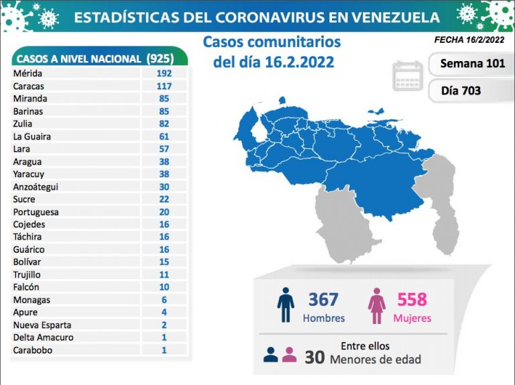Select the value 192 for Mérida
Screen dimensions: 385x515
(x=164, y=73)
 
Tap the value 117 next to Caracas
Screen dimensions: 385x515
(x=164, y=86)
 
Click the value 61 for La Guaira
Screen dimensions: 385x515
(x=164, y=136)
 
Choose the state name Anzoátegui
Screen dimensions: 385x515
(x=35, y=186)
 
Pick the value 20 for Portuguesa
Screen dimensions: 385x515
(x=164, y=212)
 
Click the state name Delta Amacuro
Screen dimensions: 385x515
(x=43, y=337)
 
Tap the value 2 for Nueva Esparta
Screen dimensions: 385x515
(x=164, y=325)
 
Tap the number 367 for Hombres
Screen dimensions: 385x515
(x=323, y=299)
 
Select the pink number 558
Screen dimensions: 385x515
(x=412, y=299)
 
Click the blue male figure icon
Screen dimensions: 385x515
(x=286, y=306)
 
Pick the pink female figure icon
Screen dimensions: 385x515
(x=377, y=306)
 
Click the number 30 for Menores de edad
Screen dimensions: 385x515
(x=311, y=358)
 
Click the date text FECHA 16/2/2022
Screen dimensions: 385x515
(x=469, y=40)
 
